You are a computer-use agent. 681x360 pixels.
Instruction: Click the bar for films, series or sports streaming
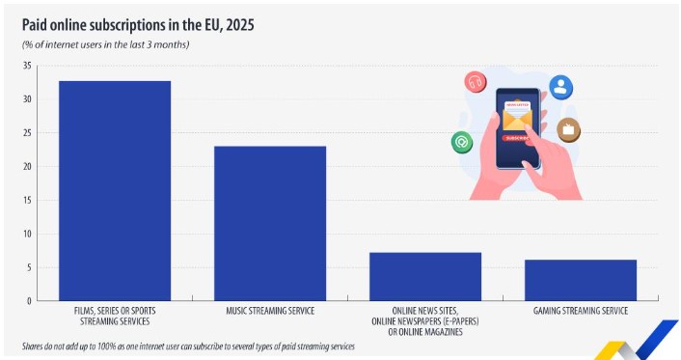point(115,191)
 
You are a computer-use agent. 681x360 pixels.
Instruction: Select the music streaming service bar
point(270,224)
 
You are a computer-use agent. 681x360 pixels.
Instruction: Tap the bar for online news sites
point(425,277)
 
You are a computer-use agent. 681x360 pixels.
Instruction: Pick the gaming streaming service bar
point(581,281)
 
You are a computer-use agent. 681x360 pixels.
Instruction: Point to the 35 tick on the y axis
point(27,66)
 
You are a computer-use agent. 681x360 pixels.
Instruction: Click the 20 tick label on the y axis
point(27,167)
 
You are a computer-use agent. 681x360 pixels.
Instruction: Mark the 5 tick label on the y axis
point(30,267)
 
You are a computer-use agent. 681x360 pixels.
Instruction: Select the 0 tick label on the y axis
point(30,301)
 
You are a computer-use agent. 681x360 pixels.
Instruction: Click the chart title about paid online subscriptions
point(138,25)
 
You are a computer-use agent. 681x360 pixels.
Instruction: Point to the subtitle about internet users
point(105,44)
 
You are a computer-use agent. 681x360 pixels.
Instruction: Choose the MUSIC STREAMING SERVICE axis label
point(270,311)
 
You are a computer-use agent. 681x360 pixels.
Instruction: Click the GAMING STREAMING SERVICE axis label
point(581,311)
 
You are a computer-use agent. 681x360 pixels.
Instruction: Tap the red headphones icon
point(476,82)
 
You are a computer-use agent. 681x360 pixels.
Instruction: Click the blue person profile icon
point(560,87)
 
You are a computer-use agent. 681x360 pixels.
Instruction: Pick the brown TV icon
point(568,129)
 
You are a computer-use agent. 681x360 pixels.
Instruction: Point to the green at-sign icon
point(462,142)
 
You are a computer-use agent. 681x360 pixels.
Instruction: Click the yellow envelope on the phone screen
point(517,119)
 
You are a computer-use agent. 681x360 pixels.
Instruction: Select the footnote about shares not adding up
point(188,346)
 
